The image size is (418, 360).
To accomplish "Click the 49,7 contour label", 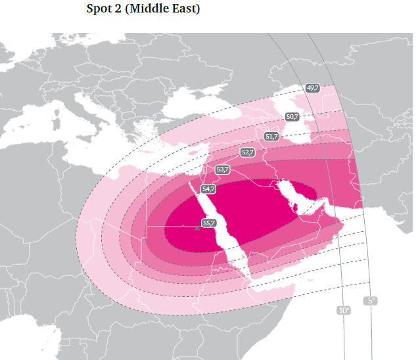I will [x=312, y=88].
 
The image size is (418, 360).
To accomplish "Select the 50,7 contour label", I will [x=292, y=117].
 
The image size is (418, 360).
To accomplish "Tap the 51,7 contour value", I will [x=271, y=136].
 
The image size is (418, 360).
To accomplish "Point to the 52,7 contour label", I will [x=247, y=152].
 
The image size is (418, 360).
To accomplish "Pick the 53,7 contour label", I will [x=223, y=169].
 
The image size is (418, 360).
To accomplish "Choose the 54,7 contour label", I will [x=208, y=189].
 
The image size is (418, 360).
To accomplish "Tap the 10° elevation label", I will [x=344, y=309].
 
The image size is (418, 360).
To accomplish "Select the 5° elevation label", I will [x=371, y=300].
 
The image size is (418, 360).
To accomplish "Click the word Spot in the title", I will [x=100, y=9].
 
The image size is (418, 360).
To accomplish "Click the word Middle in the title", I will [x=151, y=9].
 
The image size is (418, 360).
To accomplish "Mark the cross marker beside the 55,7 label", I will [x=197, y=228].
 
